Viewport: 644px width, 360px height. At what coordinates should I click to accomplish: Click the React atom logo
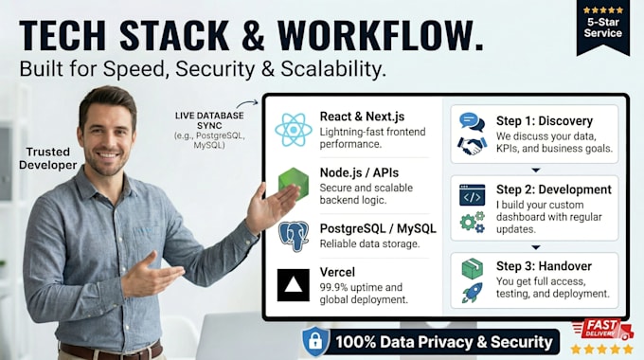click(x=294, y=130)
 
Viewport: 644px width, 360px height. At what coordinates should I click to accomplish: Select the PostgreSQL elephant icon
click(x=294, y=236)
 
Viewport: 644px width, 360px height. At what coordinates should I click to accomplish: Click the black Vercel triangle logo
click(x=294, y=285)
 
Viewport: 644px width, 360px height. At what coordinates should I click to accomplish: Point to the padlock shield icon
click(x=315, y=341)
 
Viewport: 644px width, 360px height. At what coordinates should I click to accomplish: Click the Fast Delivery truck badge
click(x=602, y=330)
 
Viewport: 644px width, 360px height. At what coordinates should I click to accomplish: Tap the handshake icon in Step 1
click(x=473, y=146)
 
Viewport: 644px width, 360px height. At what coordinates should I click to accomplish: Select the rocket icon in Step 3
click(x=472, y=293)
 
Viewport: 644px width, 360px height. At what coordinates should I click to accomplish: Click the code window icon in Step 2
click(x=472, y=195)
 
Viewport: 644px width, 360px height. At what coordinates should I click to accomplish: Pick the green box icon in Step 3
click(x=473, y=268)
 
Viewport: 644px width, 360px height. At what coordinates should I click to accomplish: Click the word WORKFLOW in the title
click(x=381, y=35)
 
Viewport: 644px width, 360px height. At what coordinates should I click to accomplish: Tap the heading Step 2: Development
click(x=554, y=189)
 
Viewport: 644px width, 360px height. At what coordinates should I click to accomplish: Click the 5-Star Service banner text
click(x=603, y=27)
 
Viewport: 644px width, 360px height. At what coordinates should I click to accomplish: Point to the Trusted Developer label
click(x=47, y=158)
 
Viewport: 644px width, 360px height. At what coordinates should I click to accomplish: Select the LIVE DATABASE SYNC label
click(x=209, y=120)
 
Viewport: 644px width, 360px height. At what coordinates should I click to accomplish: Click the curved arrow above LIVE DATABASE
click(x=246, y=103)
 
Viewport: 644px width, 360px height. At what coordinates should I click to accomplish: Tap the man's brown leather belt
click(x=111, y=351)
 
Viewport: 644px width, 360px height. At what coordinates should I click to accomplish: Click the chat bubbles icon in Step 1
click(x=472, y=122)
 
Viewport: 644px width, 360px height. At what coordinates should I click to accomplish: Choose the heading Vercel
click(x=337, y=272)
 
